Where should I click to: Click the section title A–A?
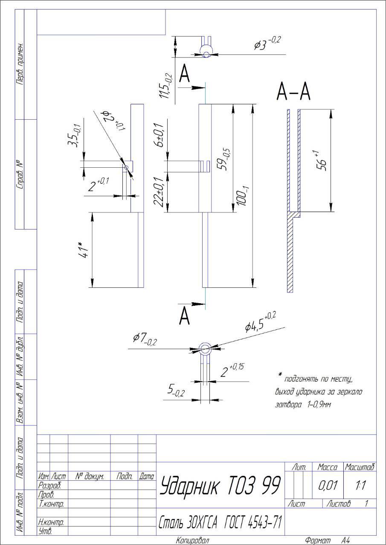click(294, 92)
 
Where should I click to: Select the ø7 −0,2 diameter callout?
click(144, 339)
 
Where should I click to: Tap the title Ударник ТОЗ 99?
click(220, 485)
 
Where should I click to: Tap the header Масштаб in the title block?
click(360, 467)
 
